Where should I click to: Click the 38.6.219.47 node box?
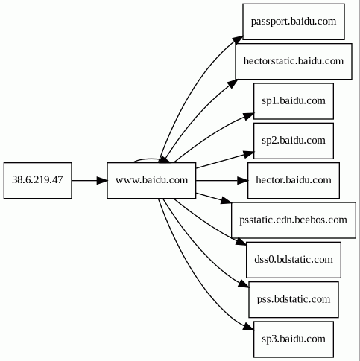pyautogui.click(x=38, y=180)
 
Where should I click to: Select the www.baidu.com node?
pyautogui.click(x=151, y=180)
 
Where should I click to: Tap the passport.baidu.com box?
pyautogui.click(x=294, y=22)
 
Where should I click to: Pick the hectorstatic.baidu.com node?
pyautogui.click(x=294, y=61)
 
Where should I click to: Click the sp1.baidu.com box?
pyautogui.click(x=294, y=101)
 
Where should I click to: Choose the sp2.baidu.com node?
pyautogui.click(x=294, y=141)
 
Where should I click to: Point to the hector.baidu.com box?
pyautogui.click(x=294, y=180)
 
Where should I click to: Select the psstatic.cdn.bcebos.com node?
pyautogui.click(x=294, y=220)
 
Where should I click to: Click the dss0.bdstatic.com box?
pyautogui.click(x=294, y=260)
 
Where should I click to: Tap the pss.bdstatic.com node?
pyautogui.click(x=294, y=299)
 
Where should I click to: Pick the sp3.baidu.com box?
pyautogui.click(x=294, y=339)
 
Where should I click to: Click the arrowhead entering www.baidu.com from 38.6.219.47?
pyautogui.click(x=102, y=180)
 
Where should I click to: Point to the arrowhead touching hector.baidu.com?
pyautogui.click(x=242, y=180)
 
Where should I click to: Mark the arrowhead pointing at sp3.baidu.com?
pyautogui.click(x=249, y=327)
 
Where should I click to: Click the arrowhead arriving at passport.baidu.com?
pyautogui.click(x=238, y=39)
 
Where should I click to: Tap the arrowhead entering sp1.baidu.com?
pyautogui.click(x=249, y=116)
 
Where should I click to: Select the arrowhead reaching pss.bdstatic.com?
pyautogui.click(x=244, y=284)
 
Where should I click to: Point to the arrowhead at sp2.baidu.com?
pyautogui.click(x=249, y=154)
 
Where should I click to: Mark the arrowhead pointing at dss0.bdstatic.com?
pyautogui.click(x=241, y=242)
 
